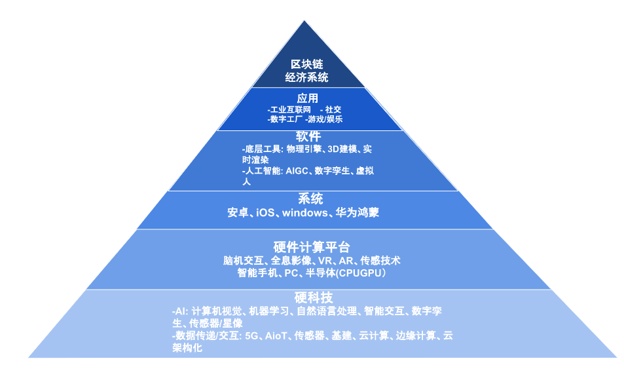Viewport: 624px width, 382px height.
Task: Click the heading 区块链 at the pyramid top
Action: (306, 65)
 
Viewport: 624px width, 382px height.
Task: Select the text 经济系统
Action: (306, 77)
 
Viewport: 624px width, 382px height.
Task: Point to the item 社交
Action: (333, 109)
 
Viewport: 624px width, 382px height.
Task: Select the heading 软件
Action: (308, 136)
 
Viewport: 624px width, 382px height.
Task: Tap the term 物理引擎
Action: (304, 149)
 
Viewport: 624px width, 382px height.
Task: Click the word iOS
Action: (265, 213)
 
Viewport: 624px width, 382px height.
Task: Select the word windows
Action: (304, 213)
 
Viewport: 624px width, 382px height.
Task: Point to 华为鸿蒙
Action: (358, 213)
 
